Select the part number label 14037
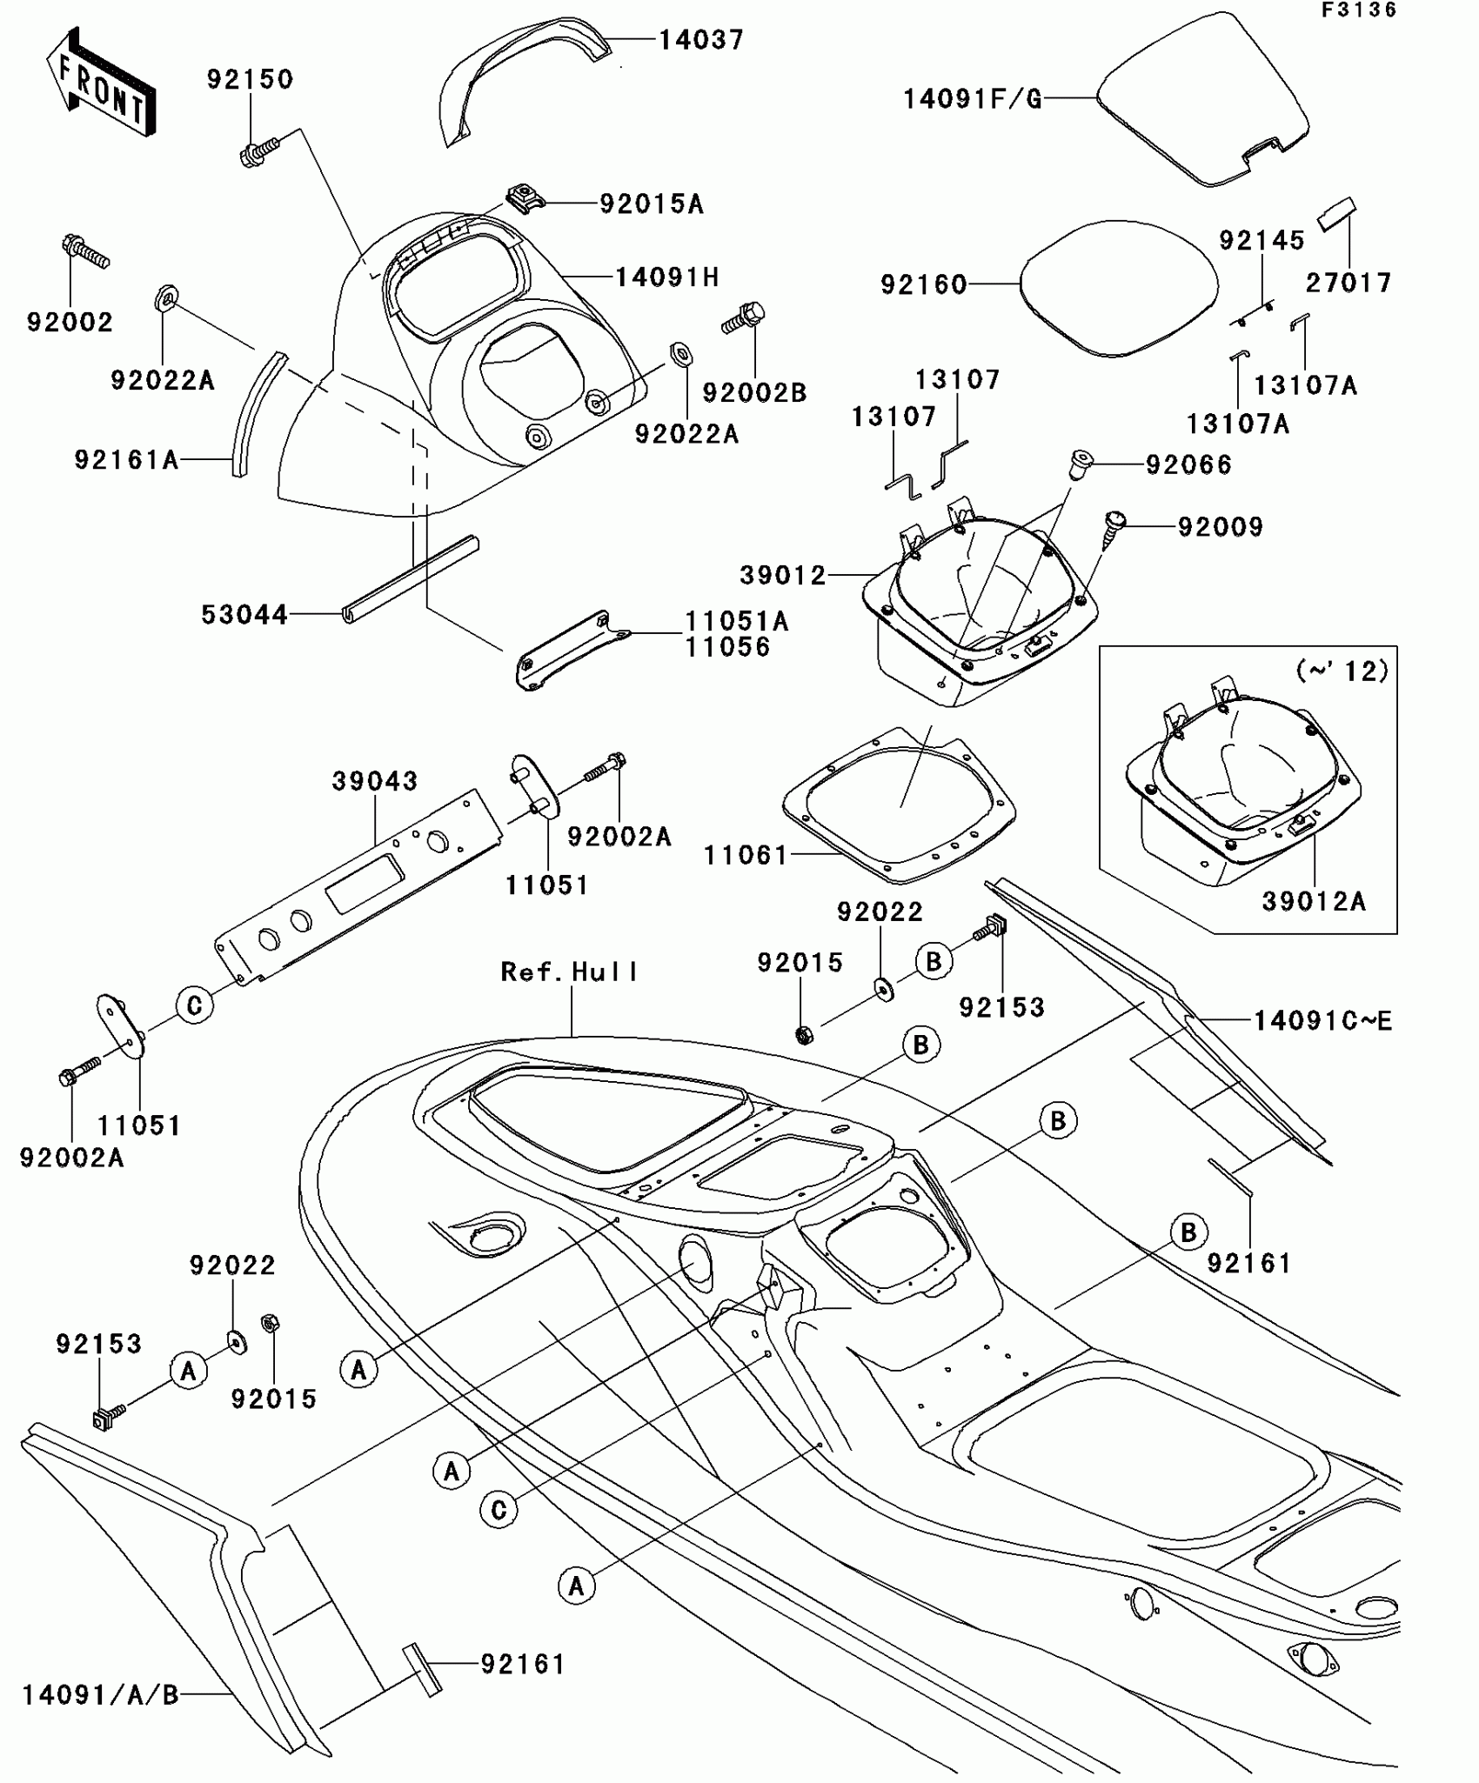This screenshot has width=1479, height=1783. click(700, 40)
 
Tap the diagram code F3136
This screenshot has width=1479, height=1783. click(1359, 10)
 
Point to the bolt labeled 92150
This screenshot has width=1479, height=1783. click(258, 150)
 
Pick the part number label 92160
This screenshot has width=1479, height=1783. click(924, 284)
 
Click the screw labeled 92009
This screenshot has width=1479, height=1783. click(1114, 529)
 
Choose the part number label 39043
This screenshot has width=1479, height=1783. click(375, 780)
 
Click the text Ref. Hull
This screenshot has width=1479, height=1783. click(570, 972)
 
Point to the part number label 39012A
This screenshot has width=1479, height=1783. click(1314, 901)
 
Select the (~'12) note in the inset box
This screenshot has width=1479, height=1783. click(1342, 671)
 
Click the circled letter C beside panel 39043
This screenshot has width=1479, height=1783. click(194, 1005)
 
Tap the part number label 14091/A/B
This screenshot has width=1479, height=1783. click(100, 1694)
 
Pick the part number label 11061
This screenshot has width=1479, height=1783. click(746, 856)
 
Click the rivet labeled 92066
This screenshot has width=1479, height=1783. click(1080, 463)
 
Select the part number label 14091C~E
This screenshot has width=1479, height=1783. click(1322, 1021)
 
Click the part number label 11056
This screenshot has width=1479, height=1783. click(727, 647)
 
